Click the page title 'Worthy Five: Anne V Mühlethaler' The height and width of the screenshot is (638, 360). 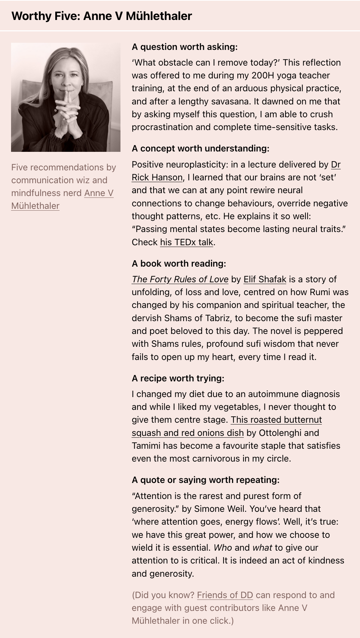pyautogui.click(x=102, y=16)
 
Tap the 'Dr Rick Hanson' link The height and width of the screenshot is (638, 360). pyautogui.click(x=157, y=177)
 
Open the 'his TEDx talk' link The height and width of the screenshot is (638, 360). pyautogui.click(x=186, y=242)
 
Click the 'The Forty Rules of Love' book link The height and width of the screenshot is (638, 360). pyautogui.click(x=180, y=279)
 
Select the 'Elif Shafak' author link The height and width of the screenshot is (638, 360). pyautogui.click(x=265, y=279)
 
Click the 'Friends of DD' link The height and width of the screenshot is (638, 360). pyautogui.click(x=225, y=595)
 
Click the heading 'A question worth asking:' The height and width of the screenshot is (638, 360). pyautogui.click(x=185, y=47)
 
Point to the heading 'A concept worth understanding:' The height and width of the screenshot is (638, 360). pyautogui.click(x=200, y=149)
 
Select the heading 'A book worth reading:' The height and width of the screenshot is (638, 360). pyautogui.click(x=179, y=264)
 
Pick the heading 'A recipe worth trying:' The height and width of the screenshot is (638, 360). pyautogui.click(x=178, y=379)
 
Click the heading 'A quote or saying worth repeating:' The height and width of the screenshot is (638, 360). pyautogui.click(x=206, y=480)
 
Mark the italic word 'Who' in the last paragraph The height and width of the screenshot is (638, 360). pyautogui.click(x=223, y=548)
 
